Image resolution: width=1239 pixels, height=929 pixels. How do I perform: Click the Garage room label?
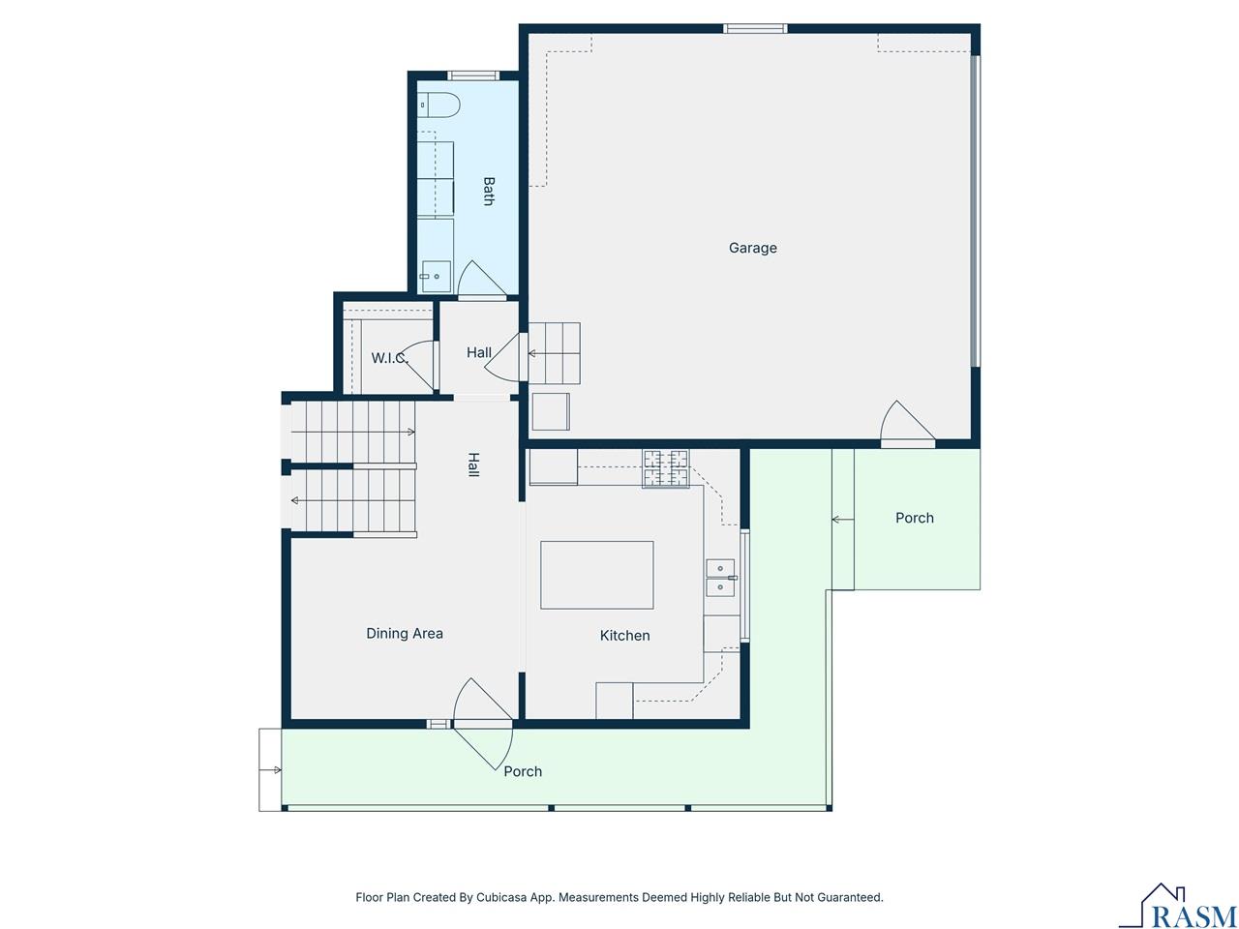752,248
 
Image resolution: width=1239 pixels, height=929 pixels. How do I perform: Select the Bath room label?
488,191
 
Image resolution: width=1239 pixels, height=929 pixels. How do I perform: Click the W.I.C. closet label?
389,358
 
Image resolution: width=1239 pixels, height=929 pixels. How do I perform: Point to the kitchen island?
596,575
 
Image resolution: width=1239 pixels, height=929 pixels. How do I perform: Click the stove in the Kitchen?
665,468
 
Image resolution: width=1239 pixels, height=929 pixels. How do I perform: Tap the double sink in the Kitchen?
720,578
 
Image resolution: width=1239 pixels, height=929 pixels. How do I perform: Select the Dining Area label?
404,634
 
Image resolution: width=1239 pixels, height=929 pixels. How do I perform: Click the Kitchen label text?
624,636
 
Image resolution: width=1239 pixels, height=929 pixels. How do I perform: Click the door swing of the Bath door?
481,281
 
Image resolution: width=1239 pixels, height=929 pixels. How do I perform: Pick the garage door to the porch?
907,426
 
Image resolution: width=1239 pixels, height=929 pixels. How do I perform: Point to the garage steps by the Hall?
555,353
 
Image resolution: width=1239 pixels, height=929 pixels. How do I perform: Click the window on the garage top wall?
755,28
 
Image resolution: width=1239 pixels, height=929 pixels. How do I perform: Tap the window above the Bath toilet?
473,75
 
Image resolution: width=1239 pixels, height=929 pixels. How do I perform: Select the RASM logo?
1178,908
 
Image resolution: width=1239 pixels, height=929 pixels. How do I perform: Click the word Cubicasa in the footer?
501,898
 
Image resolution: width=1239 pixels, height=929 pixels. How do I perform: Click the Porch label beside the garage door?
914,519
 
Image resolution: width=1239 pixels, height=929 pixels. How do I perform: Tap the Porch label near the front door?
523,771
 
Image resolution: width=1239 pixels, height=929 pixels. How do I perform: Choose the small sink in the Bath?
436,276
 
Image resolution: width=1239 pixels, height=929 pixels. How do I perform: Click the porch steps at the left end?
270,769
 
